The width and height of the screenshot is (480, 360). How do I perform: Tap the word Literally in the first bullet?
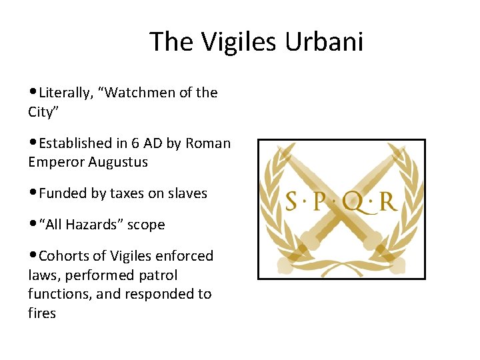pyautogui.click(x=66, y=93)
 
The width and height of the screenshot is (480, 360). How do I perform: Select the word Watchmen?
pyautogui.click(x=136, y=93)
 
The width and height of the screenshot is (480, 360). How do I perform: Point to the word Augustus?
pyautogui.click(x=118, y=162)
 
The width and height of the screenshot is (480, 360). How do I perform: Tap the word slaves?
pyautogui.click(x=189, y=193)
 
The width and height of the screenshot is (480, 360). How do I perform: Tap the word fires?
pyautogui.click(x=42, y=313)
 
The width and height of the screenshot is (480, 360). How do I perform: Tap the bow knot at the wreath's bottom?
pyautogui.click(x=341, y=265)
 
